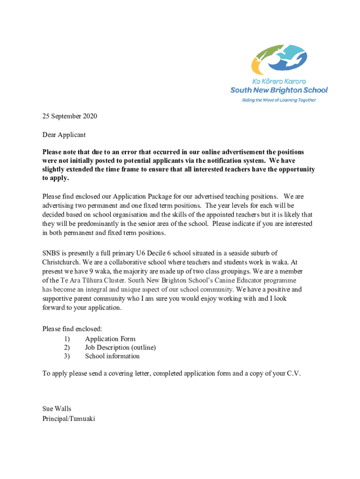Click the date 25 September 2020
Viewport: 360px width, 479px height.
click(x=70, y=116)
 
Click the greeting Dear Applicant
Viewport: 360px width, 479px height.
click(x=64, y=135)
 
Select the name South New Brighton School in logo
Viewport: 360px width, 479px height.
click(x=279, y=90)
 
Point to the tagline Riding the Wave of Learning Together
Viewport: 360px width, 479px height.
click(x=279, y=100)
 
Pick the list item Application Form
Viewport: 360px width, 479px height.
click(x=110, y=339)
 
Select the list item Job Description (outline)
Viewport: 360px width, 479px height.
click(x=120, y=347)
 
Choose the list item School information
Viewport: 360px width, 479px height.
click(x=112, y=356)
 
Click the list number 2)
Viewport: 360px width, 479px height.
click(x=67, y=347)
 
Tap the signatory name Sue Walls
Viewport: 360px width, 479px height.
click(x=57, y=409)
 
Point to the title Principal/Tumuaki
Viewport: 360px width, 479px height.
click(x=69, y=419)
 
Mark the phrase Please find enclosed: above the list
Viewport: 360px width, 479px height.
click(x=72, y=329)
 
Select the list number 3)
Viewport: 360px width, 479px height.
click(x=67, y=356)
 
